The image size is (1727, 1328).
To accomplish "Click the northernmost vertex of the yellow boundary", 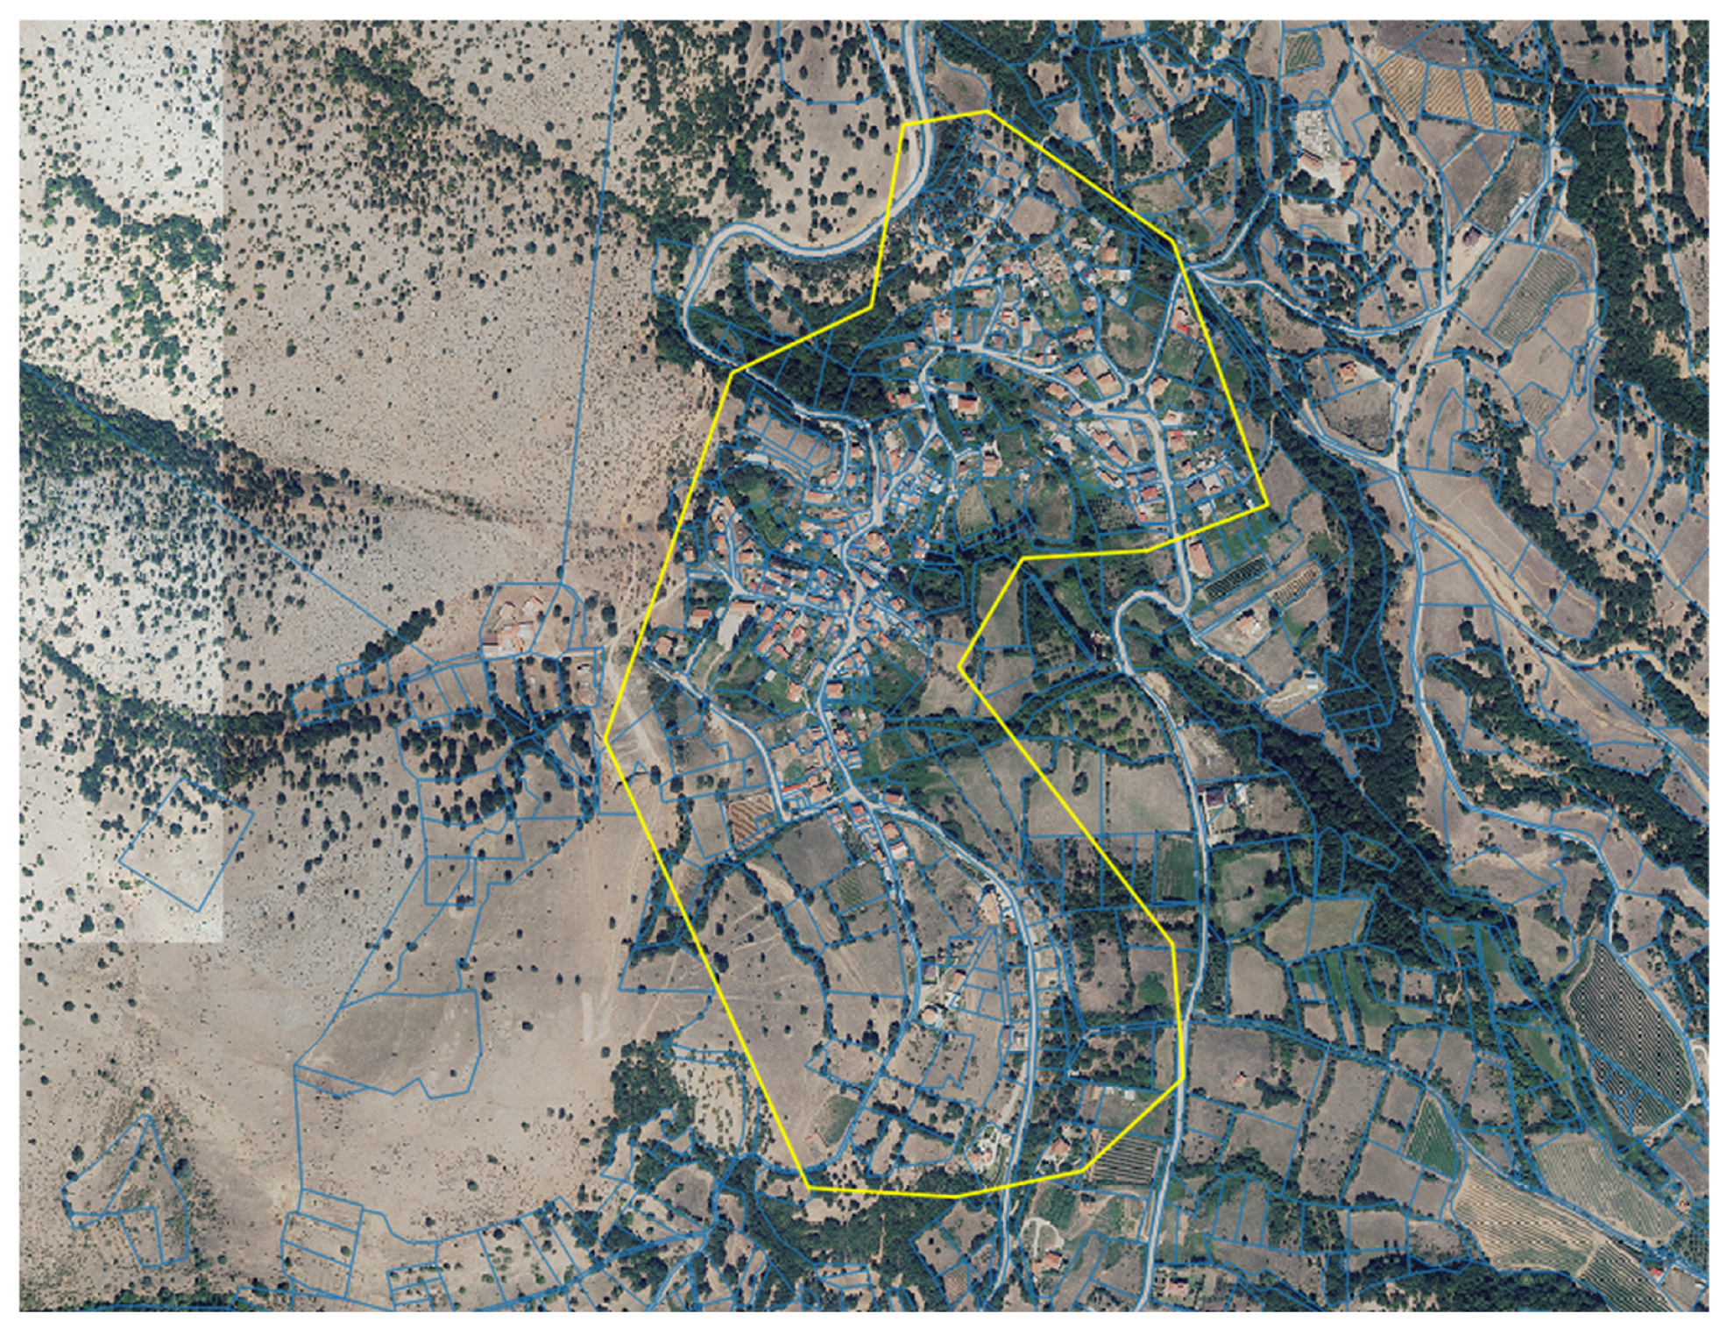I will pyautogui.click(x=987, y=112).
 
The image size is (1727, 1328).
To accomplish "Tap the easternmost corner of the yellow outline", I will pyautogui.click(x=1266, y=506).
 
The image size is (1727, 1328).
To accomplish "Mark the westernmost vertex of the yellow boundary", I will pyautogui.click(x=605, y=739).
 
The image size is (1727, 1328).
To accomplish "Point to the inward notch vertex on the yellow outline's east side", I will pyautogui.click(x=961, y=668).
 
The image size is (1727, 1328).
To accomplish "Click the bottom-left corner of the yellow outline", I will pyautogui.click(x=807, y=1188).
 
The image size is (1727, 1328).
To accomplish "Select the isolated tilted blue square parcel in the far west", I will pyautogui.click(x=187, y=844).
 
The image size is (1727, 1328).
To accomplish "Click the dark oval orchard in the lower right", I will pyautogui.click(x=1627, y=1034).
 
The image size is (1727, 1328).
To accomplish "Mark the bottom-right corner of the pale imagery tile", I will pyautogui.click(x=224, y=942).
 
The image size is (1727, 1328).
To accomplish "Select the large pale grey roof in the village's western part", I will pyautogui.click(x=731, y=628).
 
